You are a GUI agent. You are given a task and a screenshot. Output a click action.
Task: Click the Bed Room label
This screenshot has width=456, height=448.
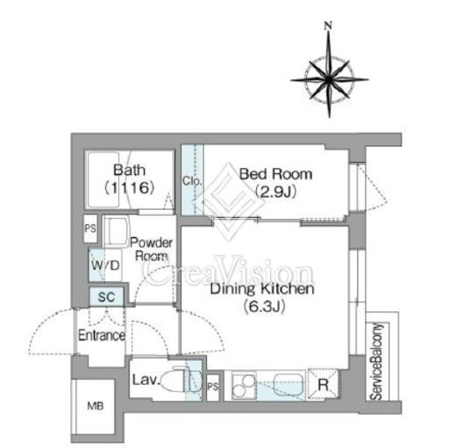[276, 174]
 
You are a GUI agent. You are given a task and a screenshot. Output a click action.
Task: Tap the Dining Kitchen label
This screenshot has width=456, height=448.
[262, 289]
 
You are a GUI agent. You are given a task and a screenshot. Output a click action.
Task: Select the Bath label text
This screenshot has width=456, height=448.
[129, 170]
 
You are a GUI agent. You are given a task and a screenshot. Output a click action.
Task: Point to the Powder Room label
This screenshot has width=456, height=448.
[151, 249]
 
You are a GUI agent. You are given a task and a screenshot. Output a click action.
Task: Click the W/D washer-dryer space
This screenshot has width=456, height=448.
[105, 265]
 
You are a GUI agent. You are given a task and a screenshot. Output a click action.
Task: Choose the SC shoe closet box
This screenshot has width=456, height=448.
[106, 297]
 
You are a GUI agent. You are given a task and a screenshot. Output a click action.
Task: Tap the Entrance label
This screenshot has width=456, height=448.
[102, 335]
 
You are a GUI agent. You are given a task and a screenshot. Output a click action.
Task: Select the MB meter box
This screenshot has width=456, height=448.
[95, 406]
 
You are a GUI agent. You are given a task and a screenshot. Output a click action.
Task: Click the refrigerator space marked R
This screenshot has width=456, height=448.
[323, 384]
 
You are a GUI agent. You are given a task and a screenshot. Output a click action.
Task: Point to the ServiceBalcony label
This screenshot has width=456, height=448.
[376, 361]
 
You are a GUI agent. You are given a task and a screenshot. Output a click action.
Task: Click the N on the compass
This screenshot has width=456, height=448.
[329, 25]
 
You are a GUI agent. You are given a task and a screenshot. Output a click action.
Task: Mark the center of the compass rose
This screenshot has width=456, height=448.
[330, 80]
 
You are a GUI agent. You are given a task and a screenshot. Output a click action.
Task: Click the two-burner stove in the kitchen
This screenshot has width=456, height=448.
[244, 385]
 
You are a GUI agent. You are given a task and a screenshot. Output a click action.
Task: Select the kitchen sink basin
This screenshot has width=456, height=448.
[288, 384]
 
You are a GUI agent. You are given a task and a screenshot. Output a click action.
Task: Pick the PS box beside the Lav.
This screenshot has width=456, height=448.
[213, 387]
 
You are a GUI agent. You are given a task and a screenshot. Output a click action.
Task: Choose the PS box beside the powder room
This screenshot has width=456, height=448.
[90, 228]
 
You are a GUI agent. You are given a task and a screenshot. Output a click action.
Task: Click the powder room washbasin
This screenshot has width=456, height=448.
[116, 231]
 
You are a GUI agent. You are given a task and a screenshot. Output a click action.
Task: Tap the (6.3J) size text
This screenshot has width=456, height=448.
[264, 306]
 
